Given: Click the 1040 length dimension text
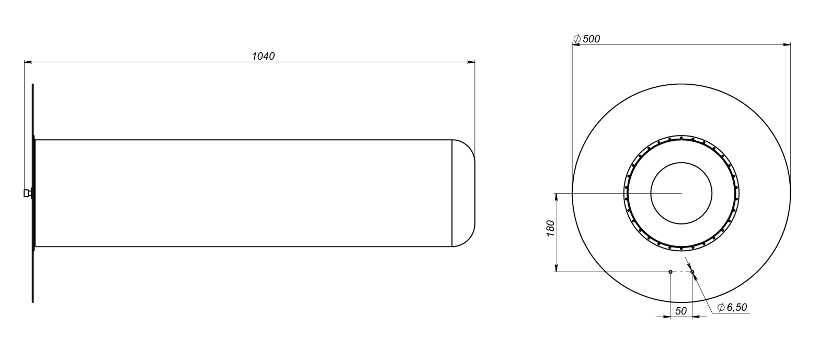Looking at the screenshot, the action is click(x=263, y=57).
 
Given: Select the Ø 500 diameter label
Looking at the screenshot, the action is click(x=587, y=39).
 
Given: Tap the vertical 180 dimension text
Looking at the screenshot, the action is click(x=551, y=229).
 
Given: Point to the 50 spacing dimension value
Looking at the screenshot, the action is click(x=680, y=311).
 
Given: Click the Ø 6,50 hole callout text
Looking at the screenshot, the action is click(x=732, y=307).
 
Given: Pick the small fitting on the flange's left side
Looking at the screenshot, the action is click(x=27, y=193).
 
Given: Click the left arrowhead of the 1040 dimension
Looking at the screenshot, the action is click(x=28, y=62).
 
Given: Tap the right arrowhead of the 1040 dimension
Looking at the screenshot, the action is click(x=471, y=62).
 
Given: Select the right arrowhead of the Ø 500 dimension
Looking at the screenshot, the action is click(x=787, y=44).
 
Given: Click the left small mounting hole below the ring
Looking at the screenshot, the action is click(x=670, y=272).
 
